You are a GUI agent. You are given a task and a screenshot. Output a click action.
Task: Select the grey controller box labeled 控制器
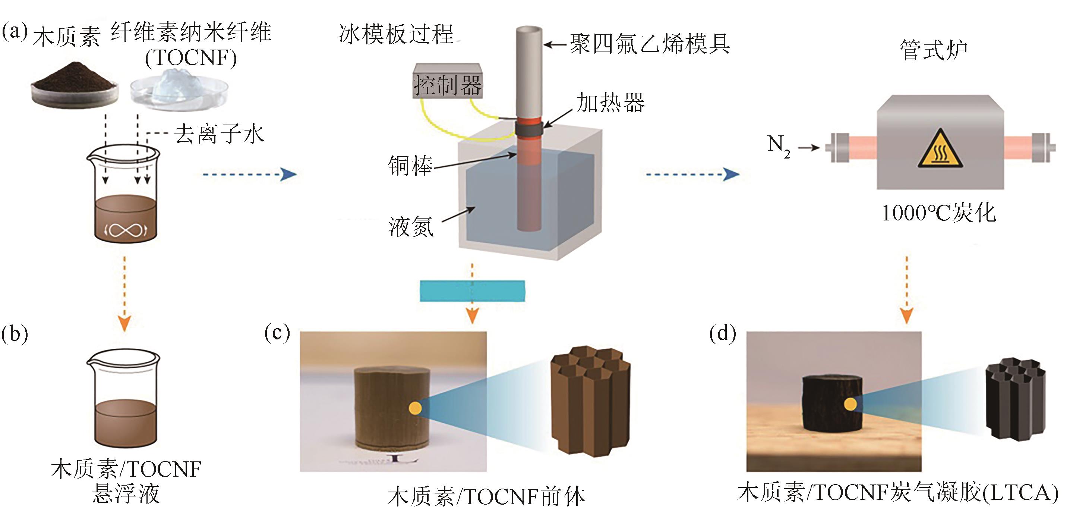(x=447, y=81)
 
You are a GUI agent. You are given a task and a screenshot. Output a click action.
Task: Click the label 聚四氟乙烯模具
(x=650, y=44)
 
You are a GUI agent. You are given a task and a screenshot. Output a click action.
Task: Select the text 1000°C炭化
(x=939, y=213)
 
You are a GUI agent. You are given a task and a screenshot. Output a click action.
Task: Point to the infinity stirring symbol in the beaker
(x=126, y=229)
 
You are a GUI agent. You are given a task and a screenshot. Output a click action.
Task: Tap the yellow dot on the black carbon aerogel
(x=850, y=404)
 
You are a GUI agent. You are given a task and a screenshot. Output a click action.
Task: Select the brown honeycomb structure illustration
(x=590, y=399)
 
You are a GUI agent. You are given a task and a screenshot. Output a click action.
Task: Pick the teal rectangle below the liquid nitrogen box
(x=472, y=291)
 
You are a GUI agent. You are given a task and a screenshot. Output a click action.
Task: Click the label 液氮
(x=411, y=226)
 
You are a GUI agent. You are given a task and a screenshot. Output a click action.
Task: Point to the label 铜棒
(x=410, y=166)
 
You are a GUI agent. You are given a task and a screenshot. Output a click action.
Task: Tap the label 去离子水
(x=219, y=134)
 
